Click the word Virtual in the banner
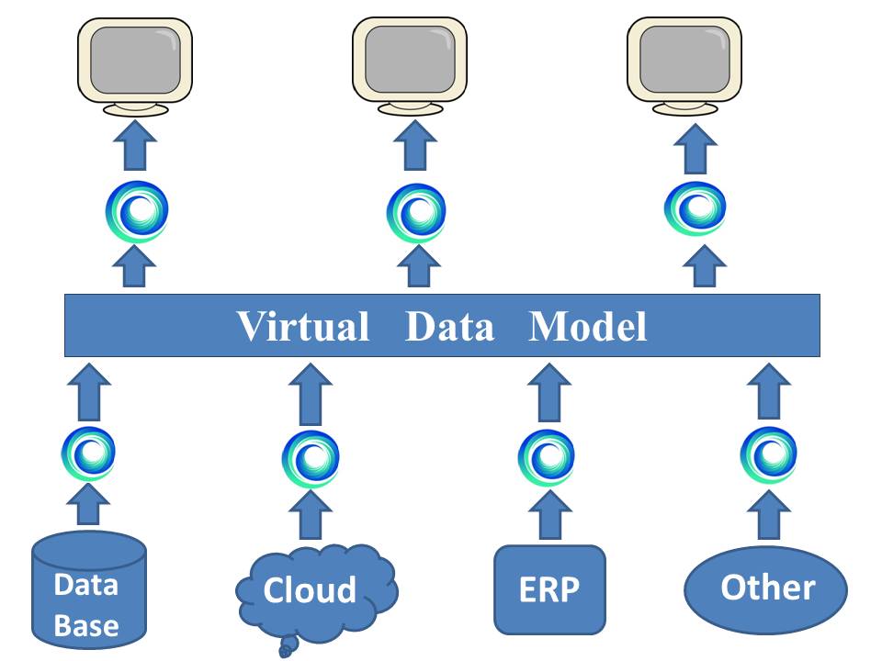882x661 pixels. (x=303, y=326)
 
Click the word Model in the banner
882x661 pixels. (x=588, y=326)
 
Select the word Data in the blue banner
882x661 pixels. (x=449, y=326)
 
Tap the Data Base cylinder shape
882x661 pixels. (x=88, y=592)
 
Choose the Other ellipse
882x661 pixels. (x=766, y=588)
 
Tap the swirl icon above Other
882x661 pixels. (x=767, y=454)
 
